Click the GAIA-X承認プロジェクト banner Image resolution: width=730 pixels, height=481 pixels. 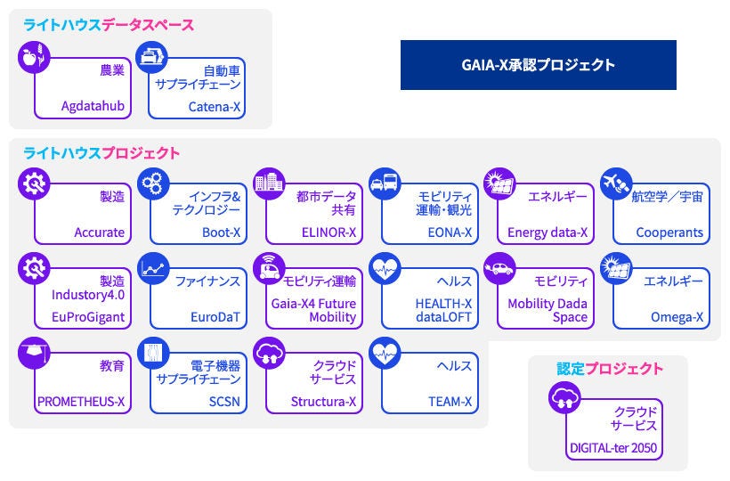(538, 65)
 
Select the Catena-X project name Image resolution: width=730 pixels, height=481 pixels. (215, 107)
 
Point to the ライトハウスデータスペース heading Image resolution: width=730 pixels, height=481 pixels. (109, 25)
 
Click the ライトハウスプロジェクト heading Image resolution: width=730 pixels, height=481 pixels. (101, 153)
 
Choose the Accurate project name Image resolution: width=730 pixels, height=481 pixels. (100, 232)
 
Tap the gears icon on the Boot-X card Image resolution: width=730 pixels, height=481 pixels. (155, 183)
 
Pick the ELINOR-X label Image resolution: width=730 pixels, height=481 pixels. (328, 232)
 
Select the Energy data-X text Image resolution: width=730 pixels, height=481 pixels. (547, 232)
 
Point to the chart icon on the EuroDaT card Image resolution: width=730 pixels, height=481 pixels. (155, 266)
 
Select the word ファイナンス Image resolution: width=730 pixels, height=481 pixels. (208, 281)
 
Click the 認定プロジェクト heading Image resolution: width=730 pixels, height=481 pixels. (610, 369)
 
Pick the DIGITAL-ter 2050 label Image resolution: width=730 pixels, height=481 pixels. (612, 449)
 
